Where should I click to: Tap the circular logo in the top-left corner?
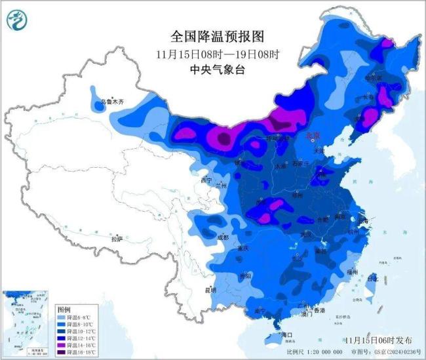[x=18, y=21]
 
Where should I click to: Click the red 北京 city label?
[x=314, y=136]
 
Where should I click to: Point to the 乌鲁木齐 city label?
[x=111, y=102]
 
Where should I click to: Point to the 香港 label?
[x=319, y=310]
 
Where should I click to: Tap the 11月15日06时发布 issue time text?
[x=379, y=340]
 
